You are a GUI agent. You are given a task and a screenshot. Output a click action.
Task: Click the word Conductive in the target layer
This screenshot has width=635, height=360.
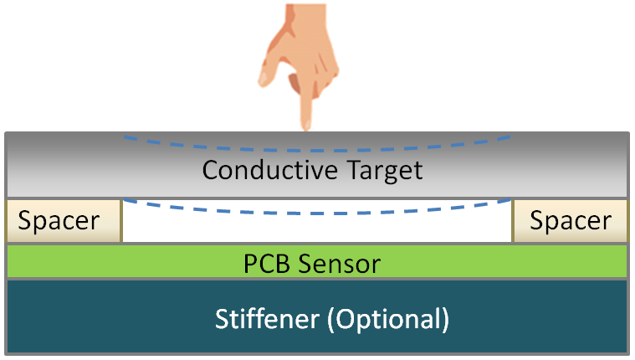point(262,171)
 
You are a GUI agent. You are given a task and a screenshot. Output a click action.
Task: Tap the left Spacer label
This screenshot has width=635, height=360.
point(59,222)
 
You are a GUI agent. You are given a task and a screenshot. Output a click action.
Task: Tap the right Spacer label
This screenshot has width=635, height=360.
point(571,222)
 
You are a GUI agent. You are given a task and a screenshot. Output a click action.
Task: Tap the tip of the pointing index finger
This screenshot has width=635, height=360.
point(307,126)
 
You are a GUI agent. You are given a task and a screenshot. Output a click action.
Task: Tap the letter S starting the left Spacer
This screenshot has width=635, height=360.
point(25,222)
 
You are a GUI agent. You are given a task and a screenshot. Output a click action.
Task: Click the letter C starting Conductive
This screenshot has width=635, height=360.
point(212,171)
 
